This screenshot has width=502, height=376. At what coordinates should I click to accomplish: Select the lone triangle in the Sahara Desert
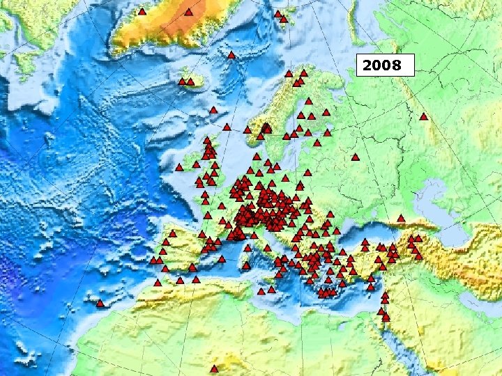pyautogui.click(x=214, y=368)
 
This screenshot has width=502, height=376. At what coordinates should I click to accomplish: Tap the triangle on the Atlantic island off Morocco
pyautogui.click(x=100, y=304)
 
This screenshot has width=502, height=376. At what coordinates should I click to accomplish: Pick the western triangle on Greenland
pyautogui.click(x=142, y=12)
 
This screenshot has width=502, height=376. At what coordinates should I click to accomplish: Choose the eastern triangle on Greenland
pyautogui.click(x=188, y=12)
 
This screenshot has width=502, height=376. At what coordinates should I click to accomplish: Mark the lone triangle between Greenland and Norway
pyautogui.click(x=231, y=54)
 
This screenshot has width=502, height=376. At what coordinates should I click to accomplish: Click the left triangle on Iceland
pyautogui.click(x=182, y=81)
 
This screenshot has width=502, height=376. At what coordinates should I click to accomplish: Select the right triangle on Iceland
pyautogui.click(x=190, y=81)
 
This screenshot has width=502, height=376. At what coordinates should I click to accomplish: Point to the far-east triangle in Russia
pyautogui.click(x=423, y=116)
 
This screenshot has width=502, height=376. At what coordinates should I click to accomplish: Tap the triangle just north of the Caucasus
pyautogui.click(x=401, y=219)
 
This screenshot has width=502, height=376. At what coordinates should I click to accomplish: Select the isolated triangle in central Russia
pyautogui.click(x=355, y=157)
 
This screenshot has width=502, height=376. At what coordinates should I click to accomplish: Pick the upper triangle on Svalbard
pyautogui.click(x=277, y=14)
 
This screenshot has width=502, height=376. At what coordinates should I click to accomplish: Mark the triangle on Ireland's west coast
pyautogui.click(x=179, y=167)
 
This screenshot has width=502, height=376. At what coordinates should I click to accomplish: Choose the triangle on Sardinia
pyautogui.click(x=245, y=265)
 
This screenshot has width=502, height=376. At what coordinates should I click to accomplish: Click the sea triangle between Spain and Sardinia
pyautogui.click(x=222, y=259)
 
